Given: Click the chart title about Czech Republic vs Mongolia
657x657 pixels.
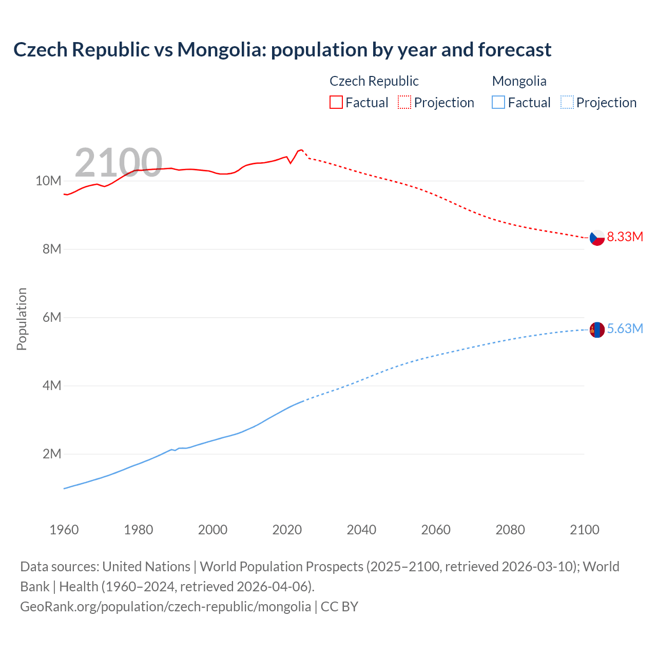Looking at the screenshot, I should tap(282, 50).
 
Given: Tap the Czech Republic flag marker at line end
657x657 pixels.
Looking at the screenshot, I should tap(597, 238).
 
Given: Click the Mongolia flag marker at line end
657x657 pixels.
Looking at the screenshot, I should tap(597, 330).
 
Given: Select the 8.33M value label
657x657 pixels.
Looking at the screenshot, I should tap(625, 237).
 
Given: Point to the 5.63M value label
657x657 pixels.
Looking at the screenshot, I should tap(625, 329).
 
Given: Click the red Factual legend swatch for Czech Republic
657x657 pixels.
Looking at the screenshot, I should tap(336, 103).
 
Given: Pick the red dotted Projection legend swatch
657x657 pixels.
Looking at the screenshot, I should tap(404, 103).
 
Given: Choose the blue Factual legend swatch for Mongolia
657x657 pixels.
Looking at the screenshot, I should tap(498, 103).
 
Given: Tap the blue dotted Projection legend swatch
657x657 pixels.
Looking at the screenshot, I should tap(567, 103).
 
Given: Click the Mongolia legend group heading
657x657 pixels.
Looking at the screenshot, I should tap(519, 81).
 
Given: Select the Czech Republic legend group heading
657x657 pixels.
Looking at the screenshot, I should tap(374, 81).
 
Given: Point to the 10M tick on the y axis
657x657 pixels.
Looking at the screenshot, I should tap(48, 181).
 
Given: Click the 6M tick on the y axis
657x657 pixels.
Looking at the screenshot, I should tap(51, 318).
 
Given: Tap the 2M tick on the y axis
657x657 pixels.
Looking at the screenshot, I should tap(51, 454).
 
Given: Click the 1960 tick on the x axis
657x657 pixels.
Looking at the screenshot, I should tap(64, 530).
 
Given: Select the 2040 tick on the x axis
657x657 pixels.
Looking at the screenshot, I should tap(361, 530).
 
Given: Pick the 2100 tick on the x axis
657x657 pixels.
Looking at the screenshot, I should tap(584, 530).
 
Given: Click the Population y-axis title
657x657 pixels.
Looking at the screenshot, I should tap(22, 319).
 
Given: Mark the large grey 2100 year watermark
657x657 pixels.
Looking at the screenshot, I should tap(119, 163).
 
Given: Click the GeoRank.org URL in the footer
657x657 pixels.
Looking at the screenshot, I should tap(165, 607).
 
